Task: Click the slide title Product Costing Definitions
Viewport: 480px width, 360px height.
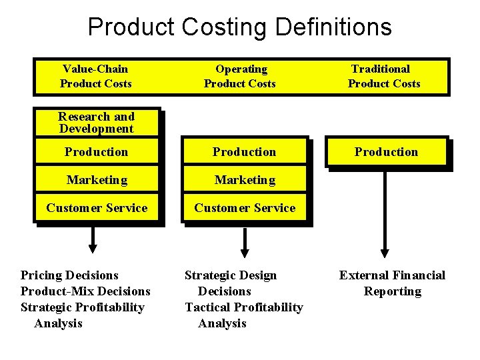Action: [x=239, y=27]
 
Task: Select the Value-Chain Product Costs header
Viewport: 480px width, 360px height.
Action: [x=96, y=76]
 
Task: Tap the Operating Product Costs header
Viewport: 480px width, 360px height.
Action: [x=240, y=76]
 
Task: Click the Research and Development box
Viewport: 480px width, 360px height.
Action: [x=96, y=123]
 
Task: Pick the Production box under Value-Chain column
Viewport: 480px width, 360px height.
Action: [x=96, y=152]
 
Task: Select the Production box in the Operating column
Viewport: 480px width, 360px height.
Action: [x=244, y=152]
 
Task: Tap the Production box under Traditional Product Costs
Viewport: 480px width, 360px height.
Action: [x=386, y=152]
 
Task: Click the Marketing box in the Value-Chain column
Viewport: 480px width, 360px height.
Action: [x=96, y=180]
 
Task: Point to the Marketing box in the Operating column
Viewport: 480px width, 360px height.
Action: [x=244, y=180]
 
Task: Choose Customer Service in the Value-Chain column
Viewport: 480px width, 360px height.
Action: [x=97, y=208]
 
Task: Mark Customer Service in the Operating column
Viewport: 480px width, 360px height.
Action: [x=245, y=208]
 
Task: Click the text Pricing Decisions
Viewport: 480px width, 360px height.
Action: [x=69, y=275]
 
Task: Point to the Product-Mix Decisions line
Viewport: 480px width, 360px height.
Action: [x=85, y=291]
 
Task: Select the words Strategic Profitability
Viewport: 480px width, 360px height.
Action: [x=83, y=307]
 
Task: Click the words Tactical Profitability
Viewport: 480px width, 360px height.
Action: [x=243, y=307]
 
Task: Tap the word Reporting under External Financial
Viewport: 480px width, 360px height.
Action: [x=392, y=291]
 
